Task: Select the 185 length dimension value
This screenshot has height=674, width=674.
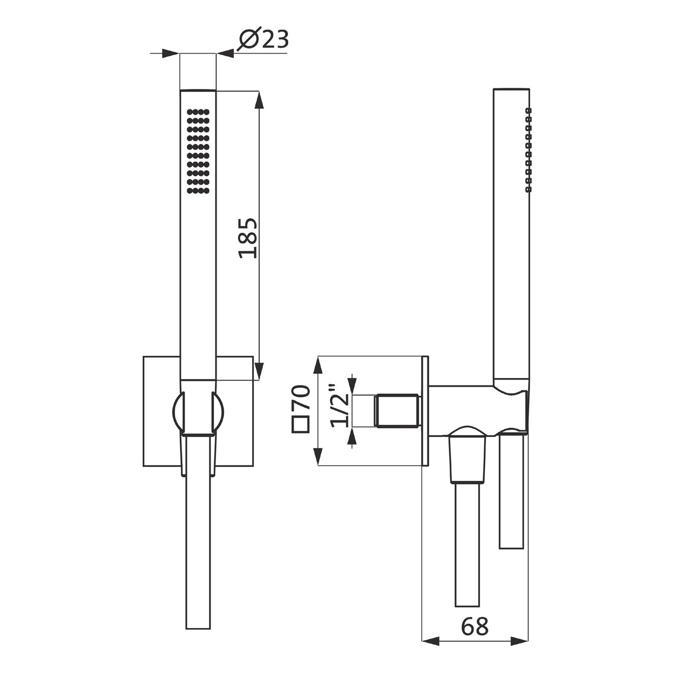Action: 248,238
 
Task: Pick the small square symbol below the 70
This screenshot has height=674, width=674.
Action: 301,424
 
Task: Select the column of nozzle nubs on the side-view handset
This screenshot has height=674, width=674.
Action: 528,150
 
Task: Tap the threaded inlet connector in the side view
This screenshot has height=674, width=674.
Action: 398,410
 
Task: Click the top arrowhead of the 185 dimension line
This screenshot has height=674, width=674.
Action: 258,100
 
